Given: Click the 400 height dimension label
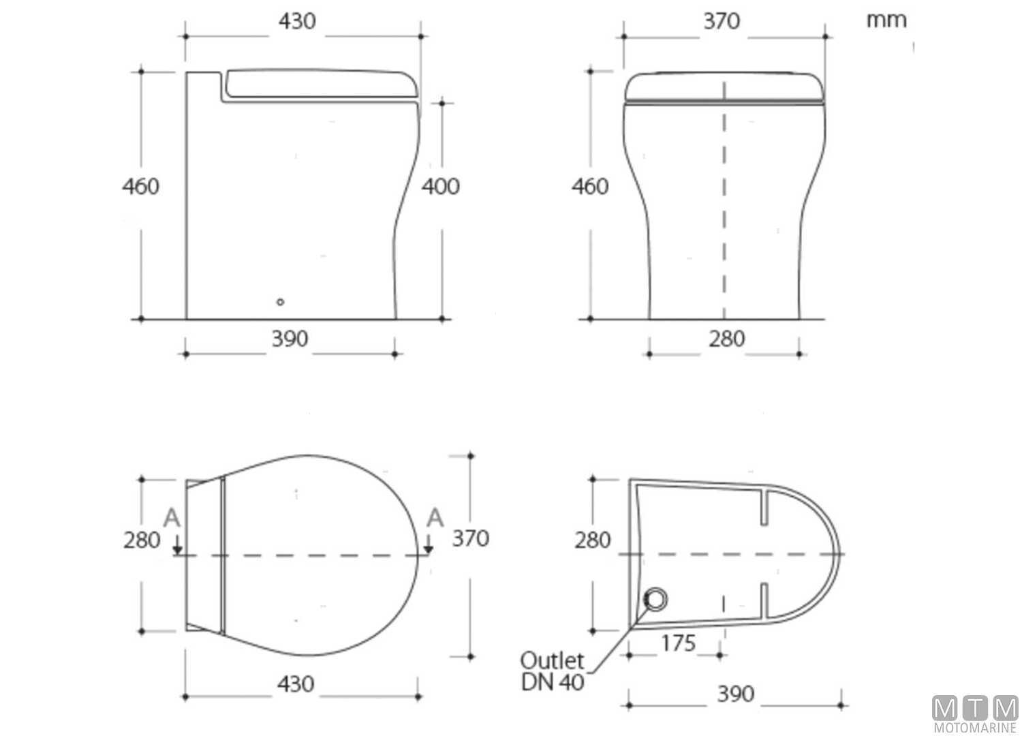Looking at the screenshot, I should click(x=440, y=186).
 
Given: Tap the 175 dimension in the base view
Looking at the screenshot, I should click(x=678, y=643).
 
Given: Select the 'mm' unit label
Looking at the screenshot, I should click(x=886, y=20).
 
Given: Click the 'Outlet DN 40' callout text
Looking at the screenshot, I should click(x=552, y=671).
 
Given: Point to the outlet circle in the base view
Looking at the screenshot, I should click(x=655, y=599).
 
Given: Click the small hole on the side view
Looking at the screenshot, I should click(x=280, y=302).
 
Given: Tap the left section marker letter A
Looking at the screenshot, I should click(x=172, y=519).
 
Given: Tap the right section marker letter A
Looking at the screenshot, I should click(x=434, y=519).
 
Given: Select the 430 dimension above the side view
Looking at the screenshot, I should click(x=297, y=21).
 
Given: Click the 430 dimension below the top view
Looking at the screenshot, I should click(x=296, y=684).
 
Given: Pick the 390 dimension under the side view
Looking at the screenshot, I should click(x=290, y=339).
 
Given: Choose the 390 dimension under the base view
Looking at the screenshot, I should click(x=736, y=694).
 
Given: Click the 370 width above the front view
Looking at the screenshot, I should click(x=721, y=21).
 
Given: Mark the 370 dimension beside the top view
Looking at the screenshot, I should click(x=470, y=538).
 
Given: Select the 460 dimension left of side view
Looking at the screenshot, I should click(x=140, y=186).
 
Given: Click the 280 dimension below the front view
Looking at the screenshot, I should click(x=726, y=339).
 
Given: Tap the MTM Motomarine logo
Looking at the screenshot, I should click(x=975, y=714).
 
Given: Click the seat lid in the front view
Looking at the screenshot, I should click(x=724, y=87).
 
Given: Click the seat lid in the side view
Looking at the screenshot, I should click(x=320, y=83).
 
